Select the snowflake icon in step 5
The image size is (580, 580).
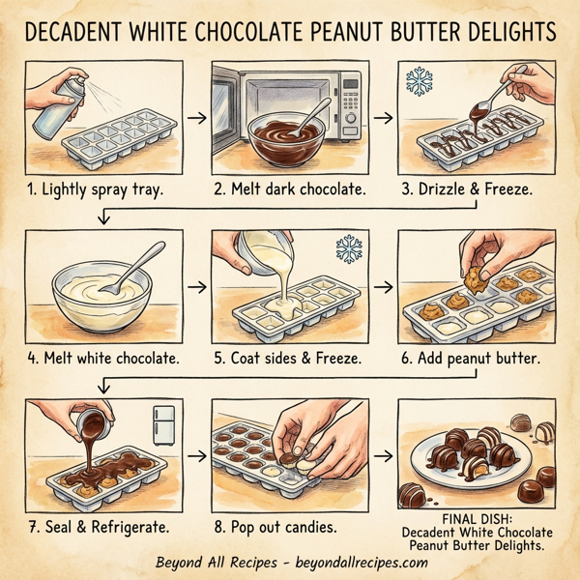349,249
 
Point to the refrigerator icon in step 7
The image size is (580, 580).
164,422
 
